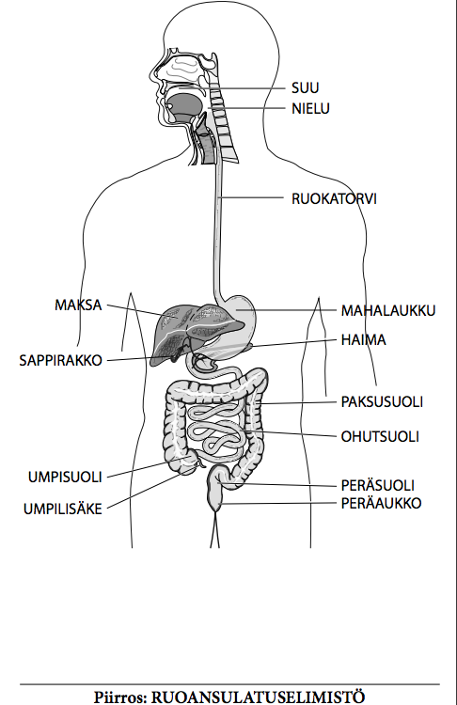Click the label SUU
pos(305,87)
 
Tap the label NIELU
pos(310,108)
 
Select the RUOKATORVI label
pos(334,198)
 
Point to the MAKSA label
pos(78,305)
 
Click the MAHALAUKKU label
pos(388,310)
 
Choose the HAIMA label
pos(364,339)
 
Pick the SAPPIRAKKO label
pos(61,360)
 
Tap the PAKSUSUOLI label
pos(382,401)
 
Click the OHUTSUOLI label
pos(380,436)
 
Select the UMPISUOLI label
pos(65,477)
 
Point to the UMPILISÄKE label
pos(63,509)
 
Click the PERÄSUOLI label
pos(378,485)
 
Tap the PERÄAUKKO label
pos(382,503)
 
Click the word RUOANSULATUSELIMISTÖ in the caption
pos(258,697)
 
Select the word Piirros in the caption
pos(120,697)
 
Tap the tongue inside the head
pos(185,105)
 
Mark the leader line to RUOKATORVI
pos(251,197)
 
